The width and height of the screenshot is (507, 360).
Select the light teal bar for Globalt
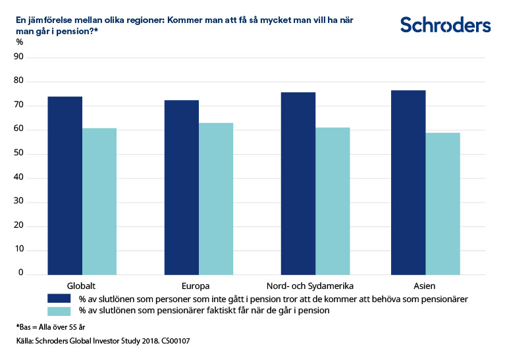point(99,201)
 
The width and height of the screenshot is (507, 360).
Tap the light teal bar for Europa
point(216,199)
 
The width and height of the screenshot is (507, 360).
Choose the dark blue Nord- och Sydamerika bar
point(298,184)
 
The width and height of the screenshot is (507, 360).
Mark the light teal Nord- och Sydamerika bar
point(333,201)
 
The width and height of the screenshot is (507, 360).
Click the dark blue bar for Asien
point(408,182)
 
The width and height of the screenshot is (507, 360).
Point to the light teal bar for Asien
point(442,203)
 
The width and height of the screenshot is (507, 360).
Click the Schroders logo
point(445,25)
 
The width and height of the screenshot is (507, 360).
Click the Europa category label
point(196,286)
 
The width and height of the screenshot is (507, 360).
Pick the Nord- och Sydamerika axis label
point(310,286)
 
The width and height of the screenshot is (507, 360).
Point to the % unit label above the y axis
point(20,42)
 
